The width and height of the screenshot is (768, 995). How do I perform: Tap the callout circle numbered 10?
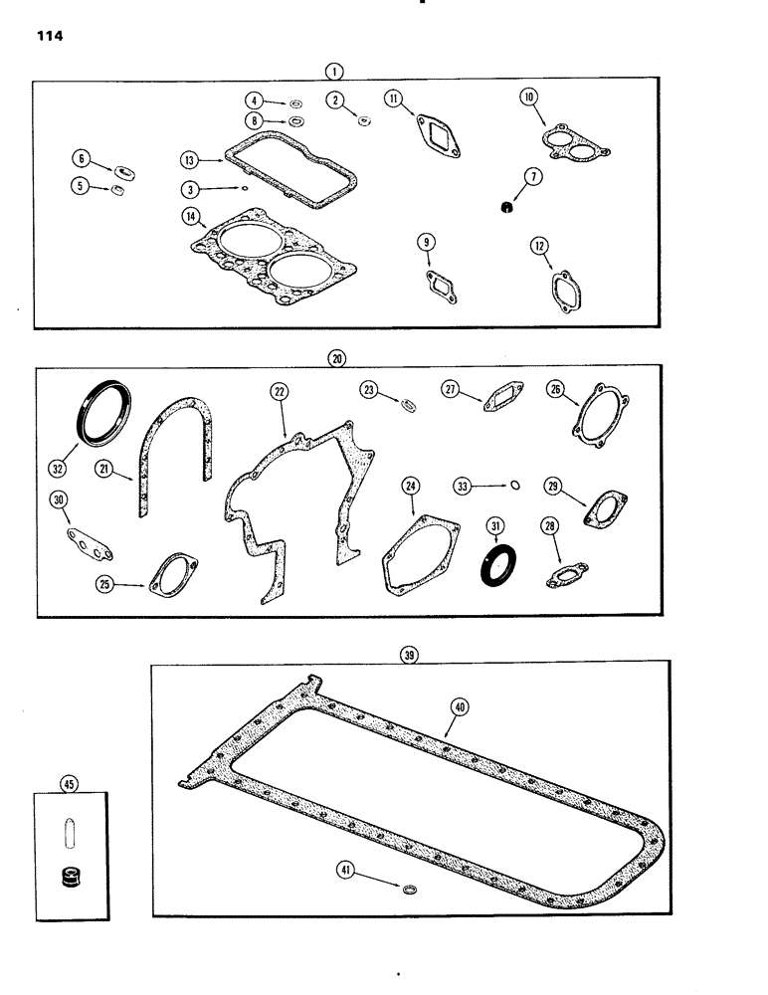[x=527, y=97]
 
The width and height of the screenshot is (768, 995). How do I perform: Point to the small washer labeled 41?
[x=409, y=884]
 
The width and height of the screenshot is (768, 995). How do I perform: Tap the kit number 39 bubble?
[x=408, y=655]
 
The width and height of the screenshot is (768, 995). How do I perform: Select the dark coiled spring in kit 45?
[x=70, y=880]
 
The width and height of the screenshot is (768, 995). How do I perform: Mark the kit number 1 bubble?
[x=334, y=71]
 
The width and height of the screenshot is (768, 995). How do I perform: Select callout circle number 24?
[x=410, y=486]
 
